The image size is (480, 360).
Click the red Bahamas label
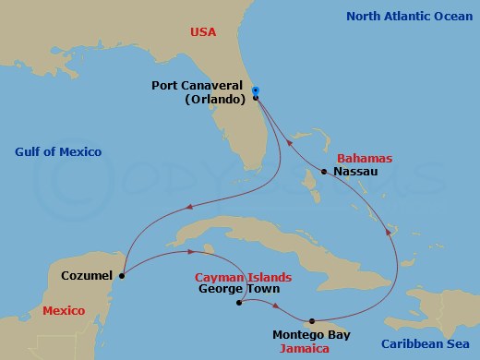click(366, 159)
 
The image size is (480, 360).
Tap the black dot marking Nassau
click(323, 173)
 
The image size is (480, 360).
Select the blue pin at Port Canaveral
click(256, 90)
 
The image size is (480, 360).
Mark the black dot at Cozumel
click(123, 274)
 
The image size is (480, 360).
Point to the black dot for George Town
click(239, 303)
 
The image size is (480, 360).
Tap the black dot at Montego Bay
click(312, 319)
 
